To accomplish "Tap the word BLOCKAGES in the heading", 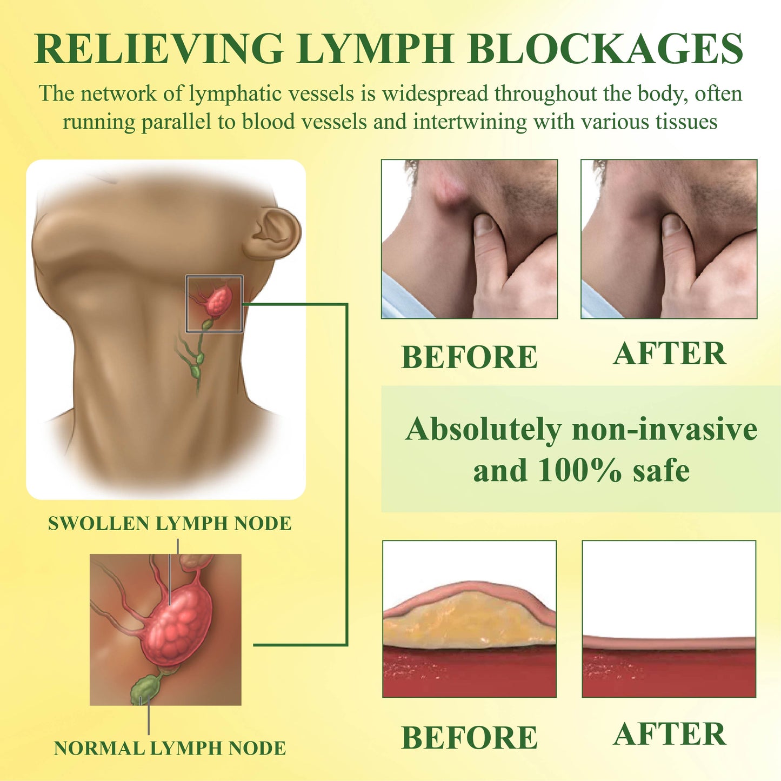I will tap(605, 50).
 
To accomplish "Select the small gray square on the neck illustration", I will tap(214, 303).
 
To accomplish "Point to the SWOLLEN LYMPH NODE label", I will tap(170, 523).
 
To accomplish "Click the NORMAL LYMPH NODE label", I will tap(170, 748).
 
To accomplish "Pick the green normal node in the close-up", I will tap(144, 689).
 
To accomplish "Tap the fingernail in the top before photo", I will tap(484, 224).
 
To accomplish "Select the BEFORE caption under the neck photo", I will tap(469, 357).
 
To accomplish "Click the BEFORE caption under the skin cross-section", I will tap(469, 738).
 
